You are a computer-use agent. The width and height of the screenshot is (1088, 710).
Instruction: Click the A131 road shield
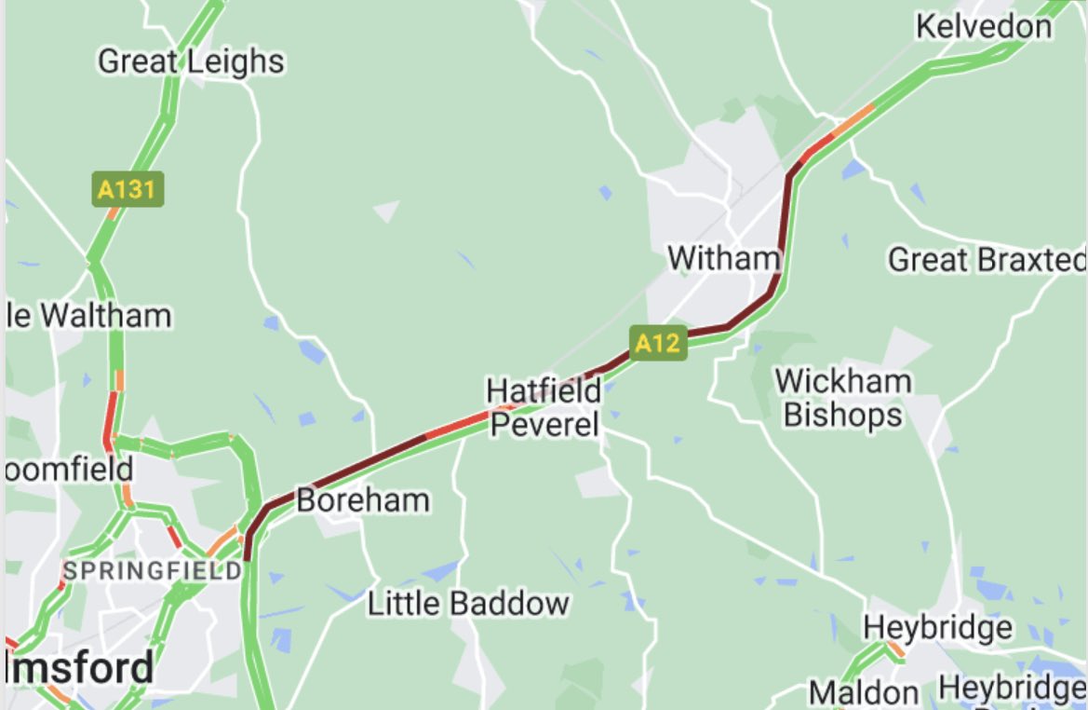[128, 189]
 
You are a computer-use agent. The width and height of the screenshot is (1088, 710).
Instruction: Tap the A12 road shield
[657, 343]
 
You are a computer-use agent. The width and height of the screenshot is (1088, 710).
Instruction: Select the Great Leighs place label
[191, 61]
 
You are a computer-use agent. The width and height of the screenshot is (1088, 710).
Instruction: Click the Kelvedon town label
[984, 26]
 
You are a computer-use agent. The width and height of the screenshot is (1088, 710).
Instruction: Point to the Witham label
[722, 257]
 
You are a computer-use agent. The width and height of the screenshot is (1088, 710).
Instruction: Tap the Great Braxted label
[987, 260]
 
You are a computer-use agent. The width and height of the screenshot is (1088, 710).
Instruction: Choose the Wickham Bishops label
[843, 397]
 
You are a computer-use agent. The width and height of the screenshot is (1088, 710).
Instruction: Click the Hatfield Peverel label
[544, 407]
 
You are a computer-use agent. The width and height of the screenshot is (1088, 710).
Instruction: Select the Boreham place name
[363, 500]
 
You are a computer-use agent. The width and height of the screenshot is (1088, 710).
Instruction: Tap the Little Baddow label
[468, 603]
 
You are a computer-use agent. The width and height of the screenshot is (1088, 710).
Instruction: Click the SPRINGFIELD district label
[153, 570]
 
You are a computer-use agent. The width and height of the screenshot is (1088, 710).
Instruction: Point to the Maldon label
[863, 692]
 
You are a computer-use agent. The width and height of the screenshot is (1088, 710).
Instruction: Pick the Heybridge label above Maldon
[937, 627]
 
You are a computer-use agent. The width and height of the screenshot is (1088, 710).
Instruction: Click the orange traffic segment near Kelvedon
[855, 120]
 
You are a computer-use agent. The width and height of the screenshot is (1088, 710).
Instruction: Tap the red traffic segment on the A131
[111, 416]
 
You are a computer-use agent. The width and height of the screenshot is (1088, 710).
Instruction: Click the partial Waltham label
[88, 316]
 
